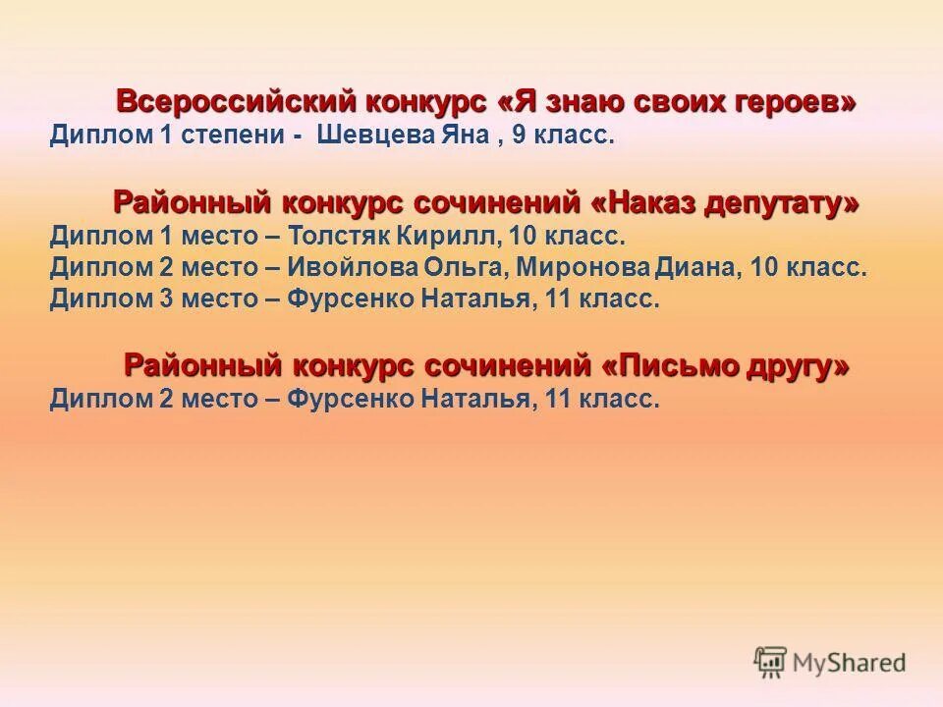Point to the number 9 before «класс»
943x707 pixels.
518,136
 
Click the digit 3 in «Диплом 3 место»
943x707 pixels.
165,300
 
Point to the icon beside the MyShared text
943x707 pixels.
770,661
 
